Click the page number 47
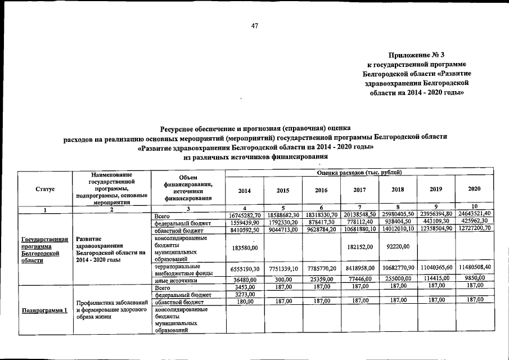pos(254,25)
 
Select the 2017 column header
pos(359,190)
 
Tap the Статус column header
pos(44,190)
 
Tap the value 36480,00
pos(245,279)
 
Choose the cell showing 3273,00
pos(245,294)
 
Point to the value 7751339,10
pos(283,269)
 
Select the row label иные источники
pos(176,280)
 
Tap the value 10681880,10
pos(359,229)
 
